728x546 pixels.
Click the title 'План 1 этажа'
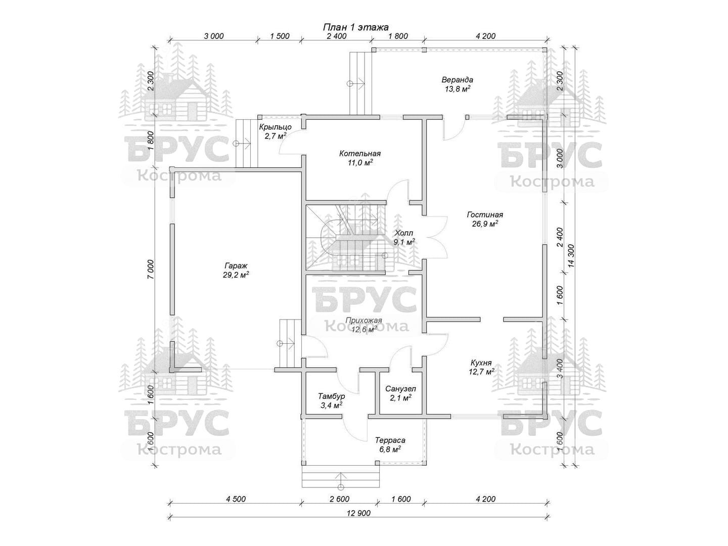click(x=356, y=26)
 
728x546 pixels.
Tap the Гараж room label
click(x=236, y=270)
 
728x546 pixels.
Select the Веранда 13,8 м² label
click(x=457, y=84)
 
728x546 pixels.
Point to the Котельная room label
click(x=360, y=158)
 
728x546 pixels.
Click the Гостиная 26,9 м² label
click(x=485, y=219)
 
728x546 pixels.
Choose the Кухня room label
click(x=481, y=367)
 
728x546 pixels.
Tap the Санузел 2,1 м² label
click(x=400, y=393)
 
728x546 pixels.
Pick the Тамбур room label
click(x=331, y=400)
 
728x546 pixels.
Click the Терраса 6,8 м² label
click(x=390, y=444)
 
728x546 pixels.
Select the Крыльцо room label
click(x=276, y=131)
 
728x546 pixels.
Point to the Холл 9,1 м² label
click(x=404, y=238)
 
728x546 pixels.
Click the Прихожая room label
click(x=364, y=325)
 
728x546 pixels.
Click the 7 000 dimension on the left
click(x=151, y=269)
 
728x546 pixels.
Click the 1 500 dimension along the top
click(x=280, y=36)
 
